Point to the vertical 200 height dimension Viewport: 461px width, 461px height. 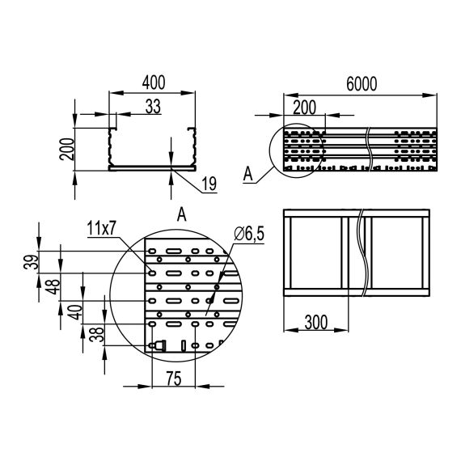pos(71,149)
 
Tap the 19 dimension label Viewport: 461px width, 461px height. pos(208,185)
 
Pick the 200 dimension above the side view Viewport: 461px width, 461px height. pos(303,106)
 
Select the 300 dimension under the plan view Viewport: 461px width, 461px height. pos(315,322)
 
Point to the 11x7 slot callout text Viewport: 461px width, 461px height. pos(102,230)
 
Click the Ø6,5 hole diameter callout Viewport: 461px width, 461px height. pos(250,235)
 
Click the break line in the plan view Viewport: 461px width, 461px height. pos(357,253)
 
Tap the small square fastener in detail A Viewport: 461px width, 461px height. pos(159,345)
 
